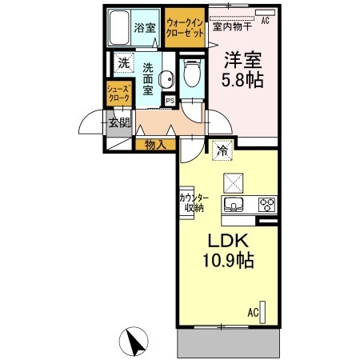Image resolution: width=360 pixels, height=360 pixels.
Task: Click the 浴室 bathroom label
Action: (144, 29)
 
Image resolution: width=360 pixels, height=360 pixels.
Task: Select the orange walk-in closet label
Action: (186, 29)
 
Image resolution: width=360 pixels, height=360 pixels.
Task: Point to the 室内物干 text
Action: (232, 26)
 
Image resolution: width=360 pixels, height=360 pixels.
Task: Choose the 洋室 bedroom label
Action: (243, 60)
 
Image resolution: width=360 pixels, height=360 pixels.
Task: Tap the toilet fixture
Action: (190, 74)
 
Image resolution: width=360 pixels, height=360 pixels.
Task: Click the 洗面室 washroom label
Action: (148, 79)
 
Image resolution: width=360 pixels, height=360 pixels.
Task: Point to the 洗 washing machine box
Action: (123, 62)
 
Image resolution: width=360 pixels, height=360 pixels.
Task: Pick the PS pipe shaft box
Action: (170, 100)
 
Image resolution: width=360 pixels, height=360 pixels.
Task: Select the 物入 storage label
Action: (155, 145)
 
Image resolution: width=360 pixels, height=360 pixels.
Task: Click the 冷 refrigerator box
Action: (222, 148)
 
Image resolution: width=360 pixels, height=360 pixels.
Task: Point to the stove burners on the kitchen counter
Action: (266, 204)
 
